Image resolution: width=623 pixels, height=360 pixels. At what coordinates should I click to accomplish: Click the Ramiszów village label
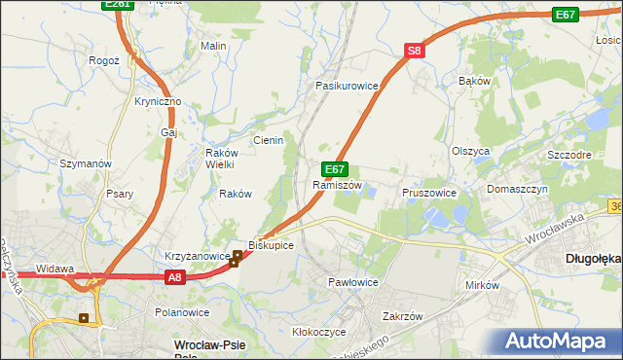coord(338,185)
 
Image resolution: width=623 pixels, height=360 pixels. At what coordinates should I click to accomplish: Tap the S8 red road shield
coord(414,52)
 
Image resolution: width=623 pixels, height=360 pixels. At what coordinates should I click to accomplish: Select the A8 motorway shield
coord(173,277)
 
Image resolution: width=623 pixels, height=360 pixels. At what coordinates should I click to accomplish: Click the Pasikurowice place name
coord(346,86)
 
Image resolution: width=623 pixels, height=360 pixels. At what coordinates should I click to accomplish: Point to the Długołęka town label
coord(593,259)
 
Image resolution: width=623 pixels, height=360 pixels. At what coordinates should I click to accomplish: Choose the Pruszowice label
coord(429,193)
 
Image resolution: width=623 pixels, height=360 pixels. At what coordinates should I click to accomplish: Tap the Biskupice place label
coord(271,245)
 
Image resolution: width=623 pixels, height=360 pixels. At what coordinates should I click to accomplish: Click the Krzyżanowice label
coord(196,255)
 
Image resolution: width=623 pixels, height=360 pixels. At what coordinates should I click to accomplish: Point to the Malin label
coord(213,46)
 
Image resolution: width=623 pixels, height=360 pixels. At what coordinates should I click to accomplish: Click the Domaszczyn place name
coord(518,189)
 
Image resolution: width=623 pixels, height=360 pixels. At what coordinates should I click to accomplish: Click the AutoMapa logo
coord(559,341)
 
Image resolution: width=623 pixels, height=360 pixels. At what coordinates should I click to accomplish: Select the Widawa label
coord(55,268)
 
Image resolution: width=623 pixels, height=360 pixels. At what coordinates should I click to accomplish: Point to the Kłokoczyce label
coord(319,332)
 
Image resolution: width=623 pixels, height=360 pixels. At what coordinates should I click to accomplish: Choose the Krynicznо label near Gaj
coord(159,102)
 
